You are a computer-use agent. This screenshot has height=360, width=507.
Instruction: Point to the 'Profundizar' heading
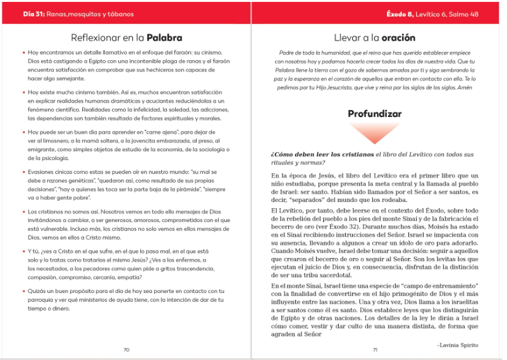coord(375,114)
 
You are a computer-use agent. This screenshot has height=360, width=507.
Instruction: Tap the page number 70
coord(126,349)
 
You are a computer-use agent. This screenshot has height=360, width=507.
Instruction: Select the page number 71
coord(375,349)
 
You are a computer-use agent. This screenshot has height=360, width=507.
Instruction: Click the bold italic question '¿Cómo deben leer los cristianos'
coord(322,154)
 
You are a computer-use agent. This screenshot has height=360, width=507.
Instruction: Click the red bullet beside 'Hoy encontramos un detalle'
coord(23,52)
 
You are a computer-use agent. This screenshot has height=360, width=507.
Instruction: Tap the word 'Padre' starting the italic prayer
coord(288,53)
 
